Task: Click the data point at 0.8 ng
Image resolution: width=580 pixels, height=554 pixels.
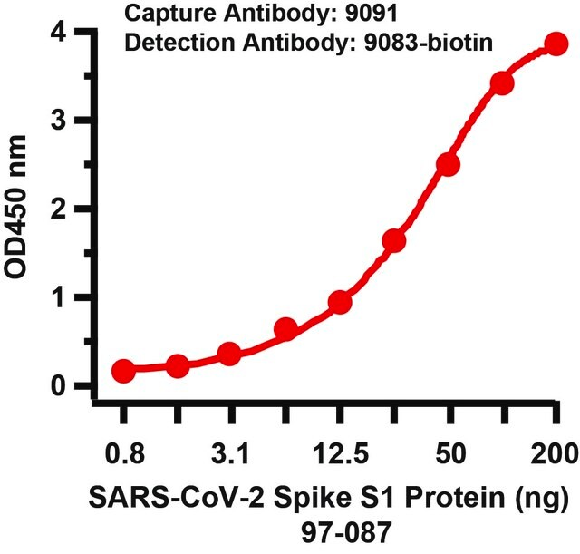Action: (123, 370)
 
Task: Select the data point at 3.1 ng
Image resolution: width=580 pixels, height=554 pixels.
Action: (229, 353)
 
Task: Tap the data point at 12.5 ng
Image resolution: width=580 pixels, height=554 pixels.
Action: (340, 302)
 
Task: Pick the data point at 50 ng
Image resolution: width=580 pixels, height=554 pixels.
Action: (448, 164)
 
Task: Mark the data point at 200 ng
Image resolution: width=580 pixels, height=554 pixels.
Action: (556, 44)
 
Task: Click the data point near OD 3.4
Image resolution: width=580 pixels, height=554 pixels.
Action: (501, 83)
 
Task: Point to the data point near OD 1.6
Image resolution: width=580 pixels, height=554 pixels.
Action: (394, 241)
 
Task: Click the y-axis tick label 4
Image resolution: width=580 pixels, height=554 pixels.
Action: (58, 33)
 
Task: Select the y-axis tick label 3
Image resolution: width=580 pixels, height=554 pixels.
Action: (58, 121)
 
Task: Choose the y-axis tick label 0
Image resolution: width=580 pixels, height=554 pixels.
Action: (58, 386)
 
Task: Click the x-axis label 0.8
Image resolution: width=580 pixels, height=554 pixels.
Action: (125, 454)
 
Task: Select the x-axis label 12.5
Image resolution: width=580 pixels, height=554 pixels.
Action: (341, 454)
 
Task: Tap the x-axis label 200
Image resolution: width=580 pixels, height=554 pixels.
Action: (554, 454)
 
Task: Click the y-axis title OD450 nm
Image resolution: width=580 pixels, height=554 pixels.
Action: (15, 208)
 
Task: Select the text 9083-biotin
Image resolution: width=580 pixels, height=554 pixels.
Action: (429, 43)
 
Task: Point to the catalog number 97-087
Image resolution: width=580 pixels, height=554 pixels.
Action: (346, 532)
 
